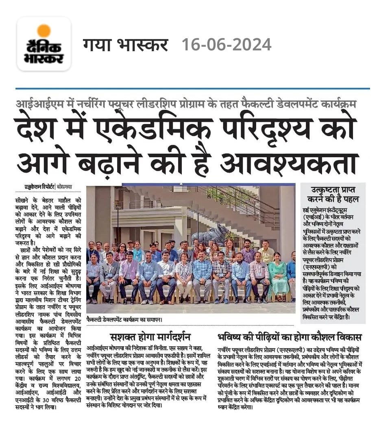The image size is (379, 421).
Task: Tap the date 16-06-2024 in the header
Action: [x=227, y=44]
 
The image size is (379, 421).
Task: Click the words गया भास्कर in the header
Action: [x=125, y=44]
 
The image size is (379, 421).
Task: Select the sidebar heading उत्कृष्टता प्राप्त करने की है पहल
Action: [x=332, y=194]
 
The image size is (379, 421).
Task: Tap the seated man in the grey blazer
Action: [x=109, y=272]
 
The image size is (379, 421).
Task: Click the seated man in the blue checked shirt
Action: [x=202, y=272]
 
